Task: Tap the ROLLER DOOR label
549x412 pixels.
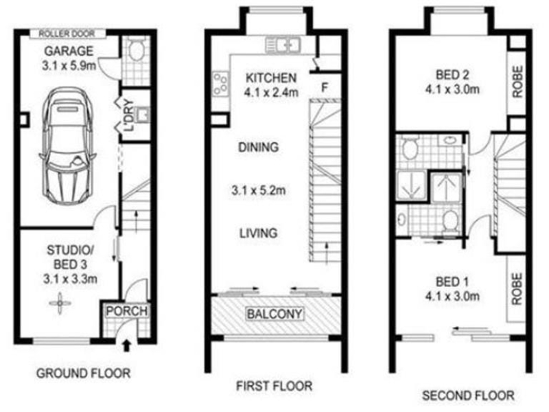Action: [x=72, y=33]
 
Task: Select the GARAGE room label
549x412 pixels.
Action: [x=69, y=52]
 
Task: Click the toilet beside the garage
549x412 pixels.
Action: [x=135, y=51]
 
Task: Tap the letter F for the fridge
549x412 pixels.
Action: [x=326, y=88]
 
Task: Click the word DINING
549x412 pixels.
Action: [x=258, y=146]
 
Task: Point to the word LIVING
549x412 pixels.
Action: [x=258, y=233]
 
